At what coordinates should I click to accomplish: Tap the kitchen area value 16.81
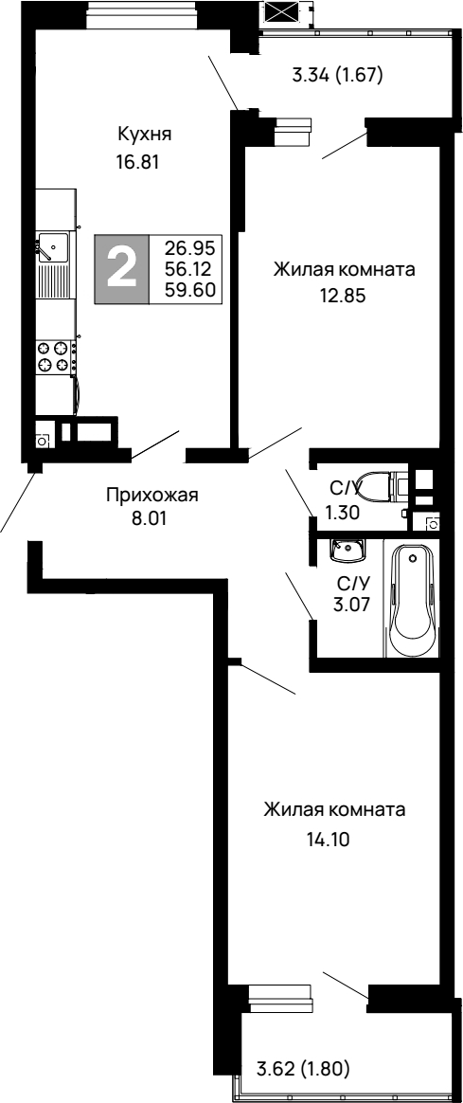(x=136, y=161)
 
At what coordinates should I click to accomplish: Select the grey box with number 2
(x=122, y=269)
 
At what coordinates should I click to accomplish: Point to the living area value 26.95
(x=189, y=247)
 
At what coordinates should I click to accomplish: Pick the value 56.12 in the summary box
(x=189, y=269)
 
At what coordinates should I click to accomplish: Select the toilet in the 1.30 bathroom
(x=382, y=487)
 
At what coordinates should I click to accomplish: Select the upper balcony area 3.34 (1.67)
(x=336, y=76)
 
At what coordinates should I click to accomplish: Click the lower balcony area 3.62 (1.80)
(x=304, y=1070)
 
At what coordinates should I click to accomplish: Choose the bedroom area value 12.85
(x=343, y=295)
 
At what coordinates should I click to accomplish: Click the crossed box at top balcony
(x=282, y=12)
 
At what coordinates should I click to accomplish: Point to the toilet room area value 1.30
(x=343, y=513)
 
